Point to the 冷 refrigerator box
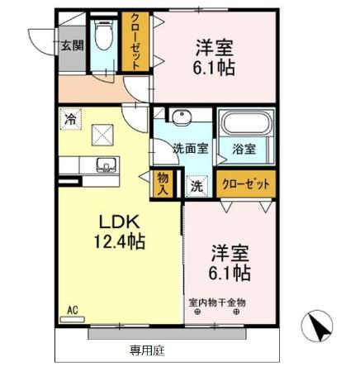pos(71,119)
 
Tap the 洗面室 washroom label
pos(189,150)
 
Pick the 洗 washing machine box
pos(197,186)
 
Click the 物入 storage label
pos(163,184)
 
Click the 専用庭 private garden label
pos(147,351)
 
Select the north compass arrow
pos(320,327)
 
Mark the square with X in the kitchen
pos(103,132)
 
